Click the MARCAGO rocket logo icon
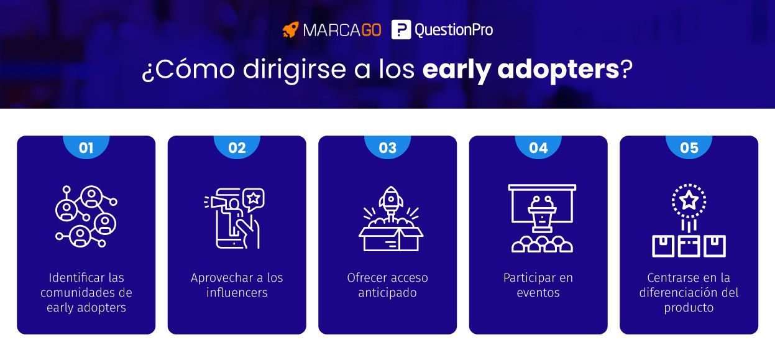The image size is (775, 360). click(290, 30)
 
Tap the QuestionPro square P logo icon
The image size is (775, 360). click(401, 30)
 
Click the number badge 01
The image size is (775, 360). click(86, 148)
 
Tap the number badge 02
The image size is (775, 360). click(237, 148)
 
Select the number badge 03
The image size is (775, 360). click(388, 148)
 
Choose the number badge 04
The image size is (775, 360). click(538, 148)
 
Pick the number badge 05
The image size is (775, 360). click(689, 148)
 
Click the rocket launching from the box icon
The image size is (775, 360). click(390, 219)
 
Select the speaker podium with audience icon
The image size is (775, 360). click(541, 218)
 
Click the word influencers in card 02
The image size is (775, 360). click(237, 293)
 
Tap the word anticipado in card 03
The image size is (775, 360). click(387, 293)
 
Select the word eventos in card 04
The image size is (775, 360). click(538, 293)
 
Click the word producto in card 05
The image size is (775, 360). click(689, 308)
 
